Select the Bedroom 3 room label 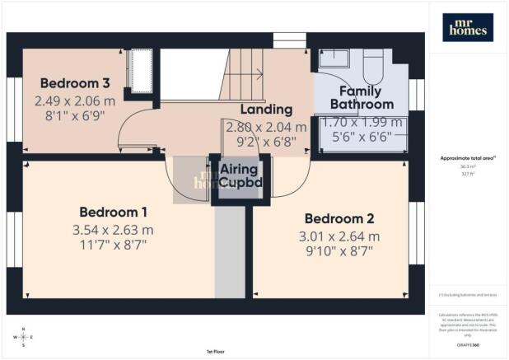75,83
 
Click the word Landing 266,109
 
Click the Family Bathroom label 362,97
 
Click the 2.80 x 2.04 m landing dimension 266,127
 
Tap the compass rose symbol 24,336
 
